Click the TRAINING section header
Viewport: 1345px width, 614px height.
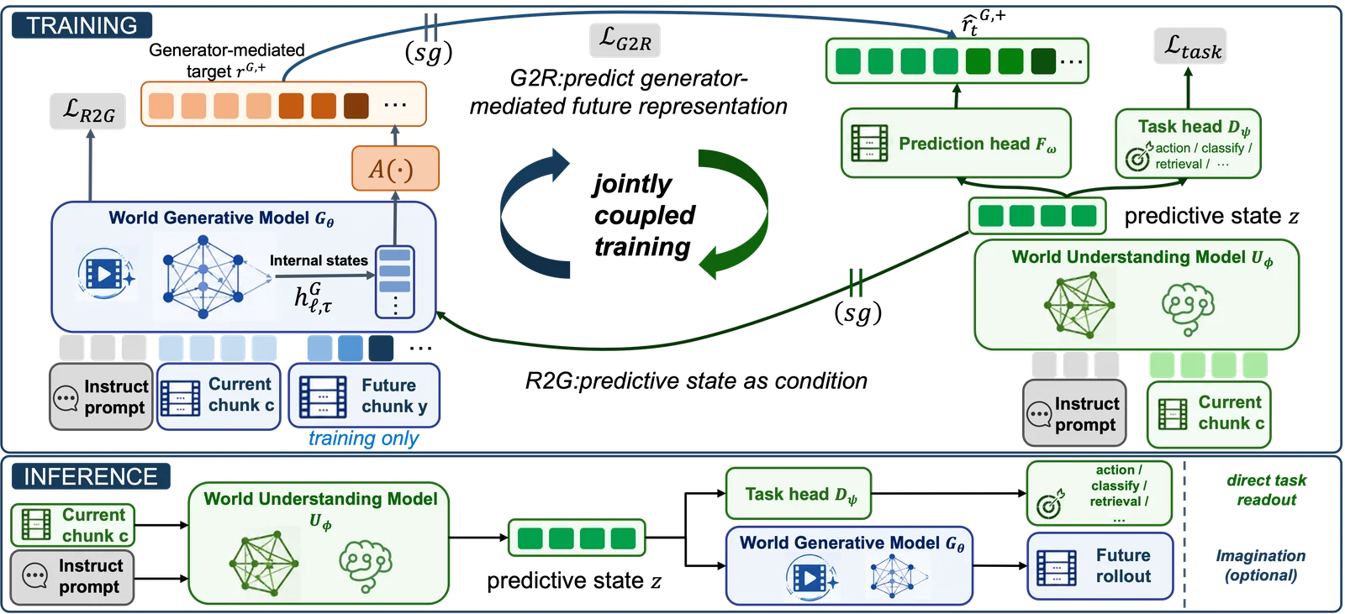pyautogui.click(x=82, y=25)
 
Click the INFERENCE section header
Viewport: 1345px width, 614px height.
pyautogui.click(x=91, y=476)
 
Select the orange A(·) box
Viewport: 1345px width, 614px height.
pyautogui.click(x=395, y=169)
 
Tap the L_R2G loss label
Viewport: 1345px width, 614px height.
pyautogui.click(x=87, y=111)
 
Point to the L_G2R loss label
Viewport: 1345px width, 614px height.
pyautogui.click(x=625, y=40)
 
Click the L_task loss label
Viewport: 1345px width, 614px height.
pyautogui.click(x=1190, y=46)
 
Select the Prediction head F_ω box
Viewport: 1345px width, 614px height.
pyautogui.click(x=956, y=143)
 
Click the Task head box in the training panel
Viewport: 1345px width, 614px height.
pyautogui.click(x=1188, y=144)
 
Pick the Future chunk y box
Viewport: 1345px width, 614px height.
pyautogui.click(x=364, y=396)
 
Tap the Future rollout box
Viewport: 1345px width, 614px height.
pyautogui.click(x=1100, y=566)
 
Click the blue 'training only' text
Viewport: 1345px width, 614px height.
pyautogui.click(x=363, y=438)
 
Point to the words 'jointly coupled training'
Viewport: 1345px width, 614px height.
pyautogui.click(x=644, y=215)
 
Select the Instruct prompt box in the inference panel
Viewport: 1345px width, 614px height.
pyautogui.click(x=72, y=577)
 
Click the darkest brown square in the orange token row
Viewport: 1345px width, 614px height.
pyautogui.click(x=356, y=105)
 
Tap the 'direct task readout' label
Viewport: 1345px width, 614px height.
pyautogui.click(x=1266, y=490)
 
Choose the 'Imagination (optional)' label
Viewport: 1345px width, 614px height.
pyautogui.click(x=1261, y=565)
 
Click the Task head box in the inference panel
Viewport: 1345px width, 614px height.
pyautogui.click(x=798, y=493)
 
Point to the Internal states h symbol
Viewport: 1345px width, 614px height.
pyautogui.click(x=313, y=297)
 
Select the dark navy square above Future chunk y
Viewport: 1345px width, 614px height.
pyautogui.click(x=381, y=348)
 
